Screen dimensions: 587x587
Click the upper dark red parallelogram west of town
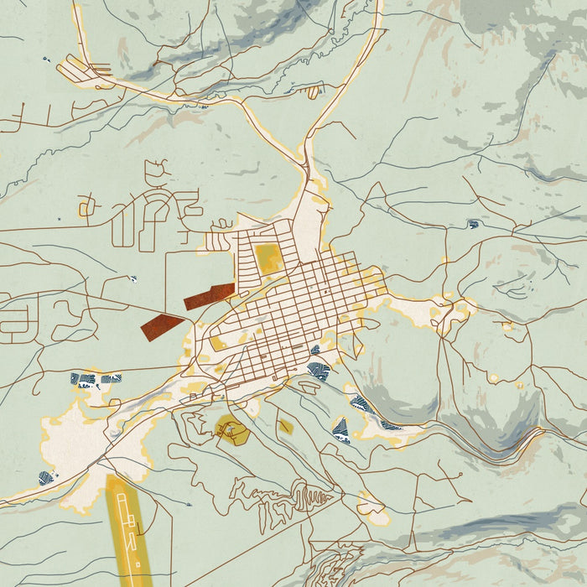tap(210, 295)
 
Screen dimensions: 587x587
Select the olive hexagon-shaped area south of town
tap(231, 429)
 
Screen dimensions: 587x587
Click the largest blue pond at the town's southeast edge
tap(319, 370)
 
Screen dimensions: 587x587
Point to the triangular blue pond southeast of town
tap(340, 430)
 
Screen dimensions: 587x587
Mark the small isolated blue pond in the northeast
tap(474, 224)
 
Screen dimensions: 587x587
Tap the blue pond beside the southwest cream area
tap(46, 479)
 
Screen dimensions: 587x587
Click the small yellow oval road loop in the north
tap(314, 90)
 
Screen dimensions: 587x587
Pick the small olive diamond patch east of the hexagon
tap(285, 426)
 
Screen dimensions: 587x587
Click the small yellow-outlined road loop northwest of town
tap(221, 224)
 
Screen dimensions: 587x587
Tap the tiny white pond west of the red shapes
tap(132, 278)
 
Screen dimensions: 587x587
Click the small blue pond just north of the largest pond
tap(315, 350)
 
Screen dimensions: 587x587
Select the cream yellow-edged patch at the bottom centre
tap(371, 507)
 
